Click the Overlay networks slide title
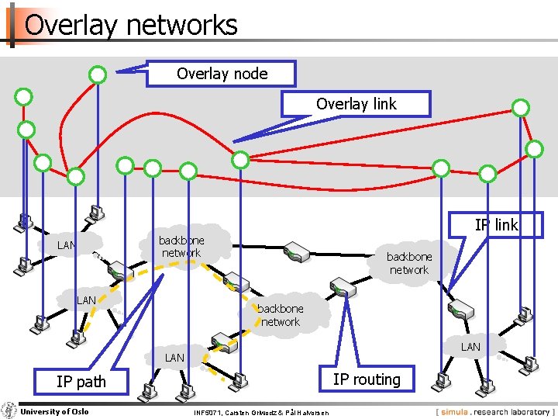(130, 25)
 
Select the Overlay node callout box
(222, 74)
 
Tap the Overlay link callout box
(356, 104)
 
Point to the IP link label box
(496, 225)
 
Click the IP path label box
(81, 382)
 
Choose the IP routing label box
(366, 379)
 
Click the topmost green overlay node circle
(98, 74)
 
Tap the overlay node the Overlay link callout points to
(240, 160)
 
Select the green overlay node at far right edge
(534, 147)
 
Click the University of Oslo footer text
(54, 411)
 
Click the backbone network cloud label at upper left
(180, 247)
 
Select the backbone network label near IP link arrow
(409, 263)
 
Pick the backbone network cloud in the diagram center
(281, 315)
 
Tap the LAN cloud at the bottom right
(470, 347)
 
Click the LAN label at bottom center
(174, 358)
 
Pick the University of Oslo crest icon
(9, 410)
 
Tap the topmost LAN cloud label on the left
(67, 245)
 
